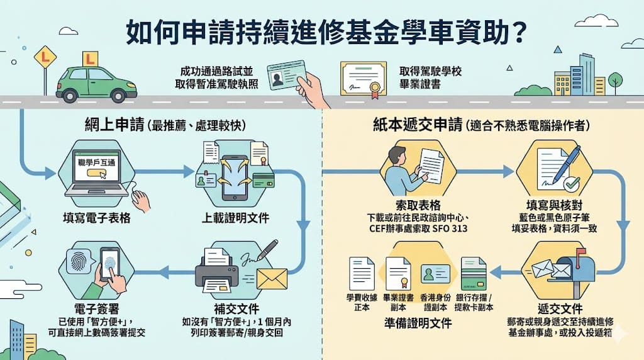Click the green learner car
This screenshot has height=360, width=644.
[x=96, y=84]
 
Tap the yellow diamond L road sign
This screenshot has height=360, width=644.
[x=45, y=58]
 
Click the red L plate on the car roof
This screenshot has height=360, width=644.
[x=90, y=59]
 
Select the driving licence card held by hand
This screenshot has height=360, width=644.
[x=286, y=76]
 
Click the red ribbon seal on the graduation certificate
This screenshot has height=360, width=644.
[x=374, y=89]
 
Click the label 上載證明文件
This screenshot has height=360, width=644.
[x=235, y=218]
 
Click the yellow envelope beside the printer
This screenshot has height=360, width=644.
[x=272, y=279]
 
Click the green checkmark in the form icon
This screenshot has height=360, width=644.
[x=571, y=184]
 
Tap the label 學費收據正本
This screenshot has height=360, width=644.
[x=362, y=302]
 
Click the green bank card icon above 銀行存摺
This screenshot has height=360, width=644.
[x=474, y=274]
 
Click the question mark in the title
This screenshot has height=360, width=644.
[x=519, y=31]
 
